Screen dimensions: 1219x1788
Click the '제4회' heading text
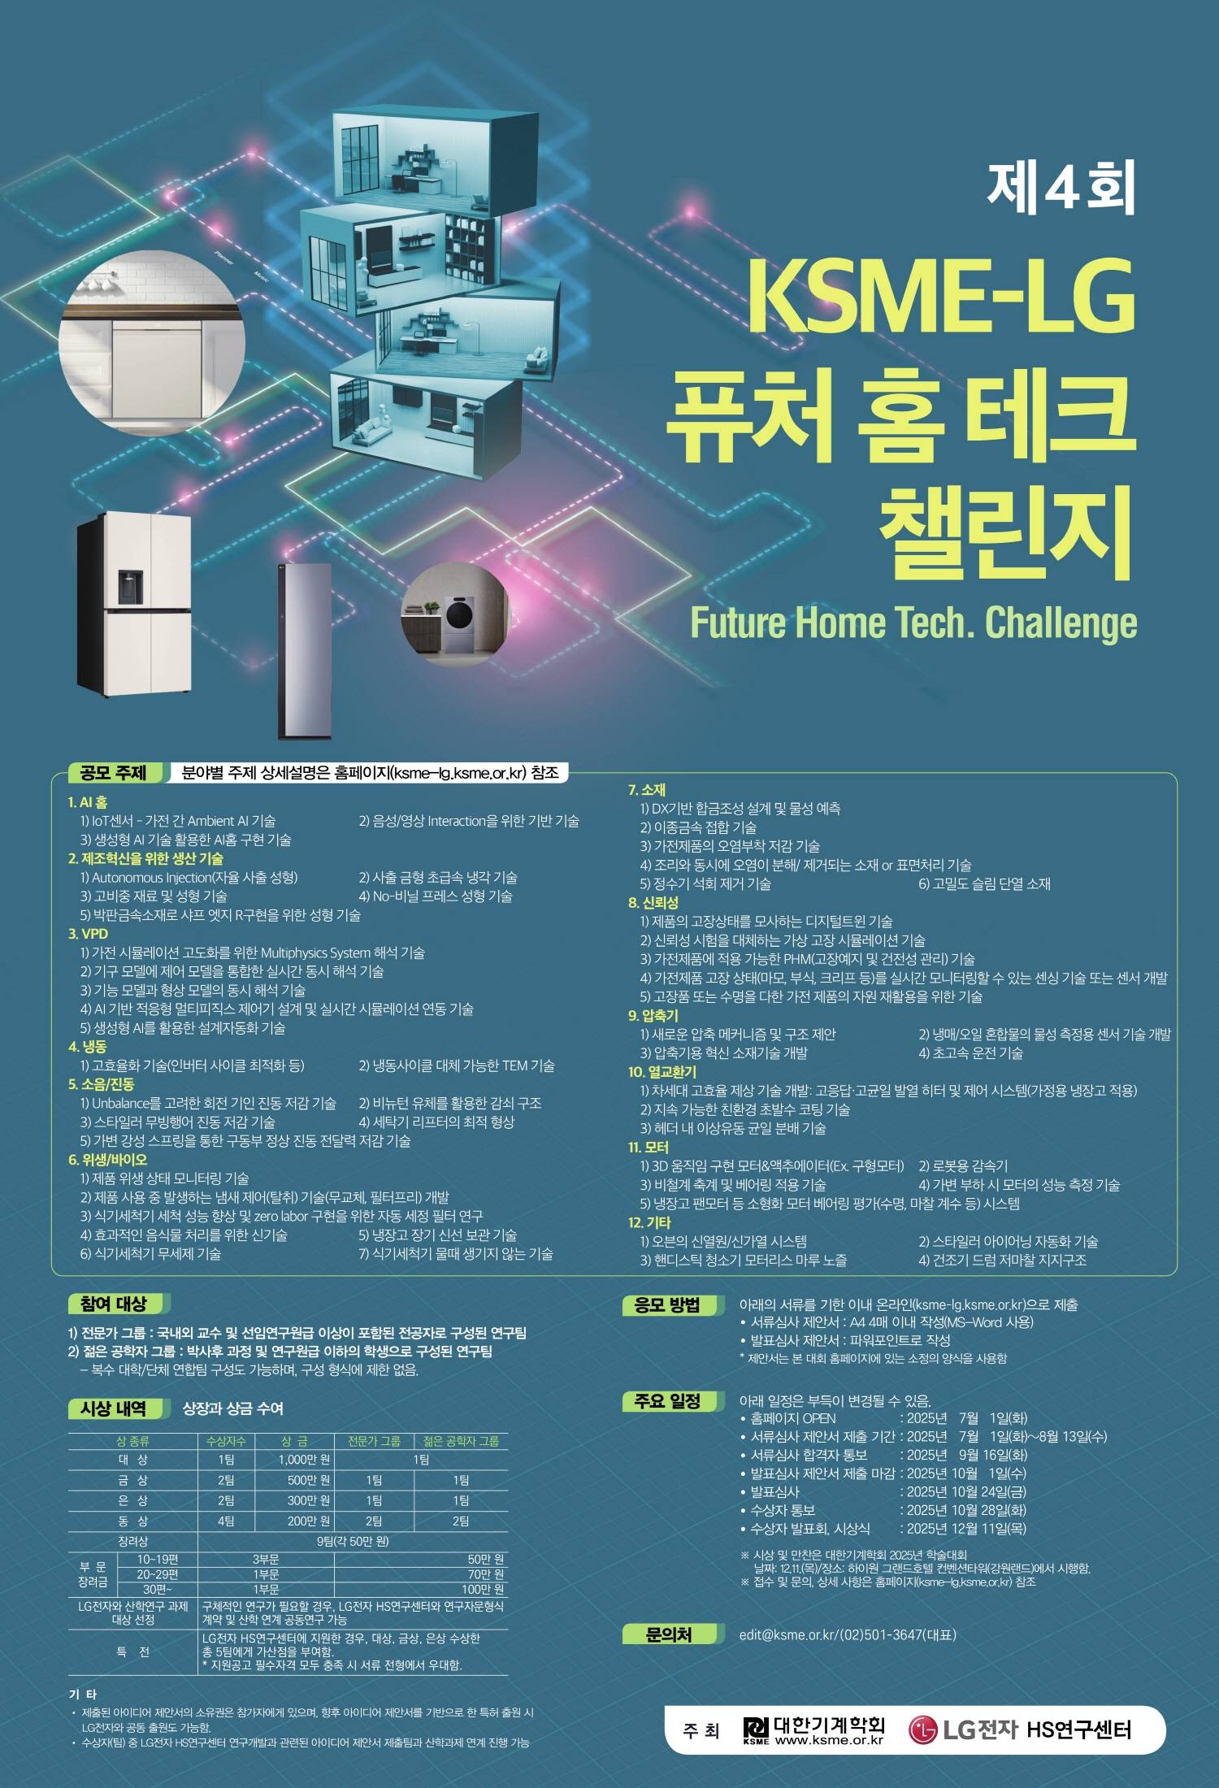(1061, 188)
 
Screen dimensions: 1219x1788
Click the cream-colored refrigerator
(134, 605)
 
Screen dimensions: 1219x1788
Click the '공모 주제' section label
(114, 773)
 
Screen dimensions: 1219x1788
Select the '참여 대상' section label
(114, 1304)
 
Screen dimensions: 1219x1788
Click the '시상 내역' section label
(114, 1408)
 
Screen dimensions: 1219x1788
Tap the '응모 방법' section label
(667, 1305)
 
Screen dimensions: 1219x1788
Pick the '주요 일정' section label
(667, 1401)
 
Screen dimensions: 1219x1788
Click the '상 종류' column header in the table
(132, 1441)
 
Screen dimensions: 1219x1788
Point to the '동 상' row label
(132, 1521)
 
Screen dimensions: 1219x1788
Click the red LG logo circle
(923, 1730)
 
